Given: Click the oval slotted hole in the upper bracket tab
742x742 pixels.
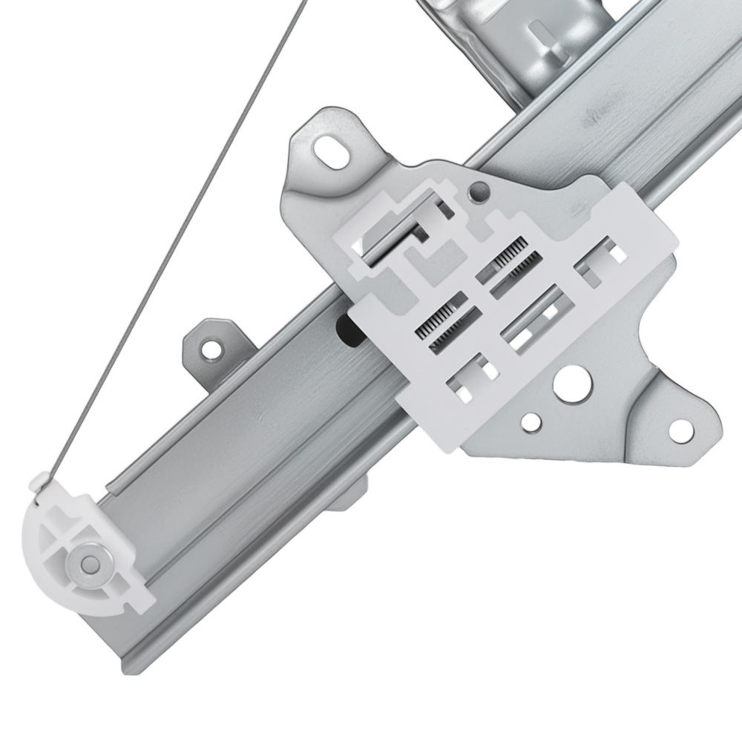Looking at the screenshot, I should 332,152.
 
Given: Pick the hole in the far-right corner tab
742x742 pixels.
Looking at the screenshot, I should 680,429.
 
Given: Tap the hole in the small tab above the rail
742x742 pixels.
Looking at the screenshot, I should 213,347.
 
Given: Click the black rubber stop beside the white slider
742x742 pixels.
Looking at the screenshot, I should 346,329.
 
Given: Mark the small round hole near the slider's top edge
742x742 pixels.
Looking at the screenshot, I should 479,192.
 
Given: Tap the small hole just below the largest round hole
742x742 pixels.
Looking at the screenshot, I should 531,422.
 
